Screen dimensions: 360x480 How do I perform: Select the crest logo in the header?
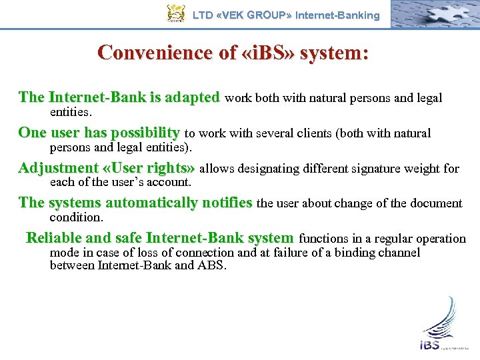[x=175, y=13]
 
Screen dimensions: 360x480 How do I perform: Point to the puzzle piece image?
[x=433, y=13]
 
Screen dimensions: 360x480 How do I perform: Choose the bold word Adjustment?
[x=59, y=168]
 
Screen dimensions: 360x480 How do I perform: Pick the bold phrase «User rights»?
[x=149, y=168]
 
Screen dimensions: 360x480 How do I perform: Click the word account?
[x=169, y=182]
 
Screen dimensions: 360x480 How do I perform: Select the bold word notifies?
[x=226, y=203]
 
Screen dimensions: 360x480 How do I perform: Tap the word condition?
[x=76, y=217]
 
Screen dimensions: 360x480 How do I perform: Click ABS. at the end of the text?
[x=213, y=265]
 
